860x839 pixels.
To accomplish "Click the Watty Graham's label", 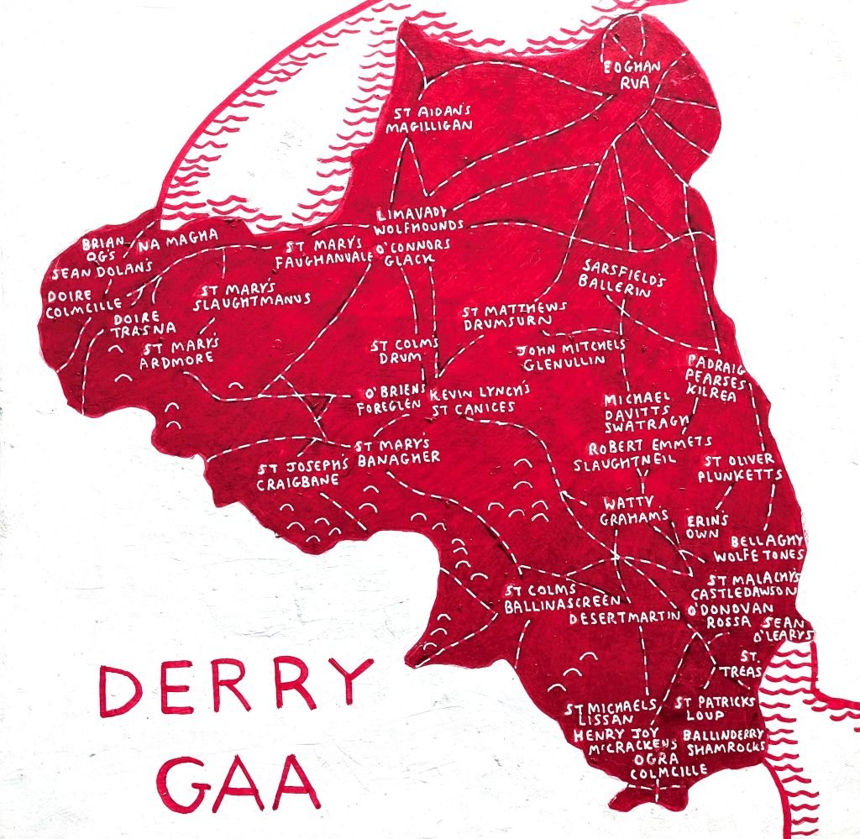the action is [633, 511].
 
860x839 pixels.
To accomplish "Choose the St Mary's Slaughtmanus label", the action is [252, 295].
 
